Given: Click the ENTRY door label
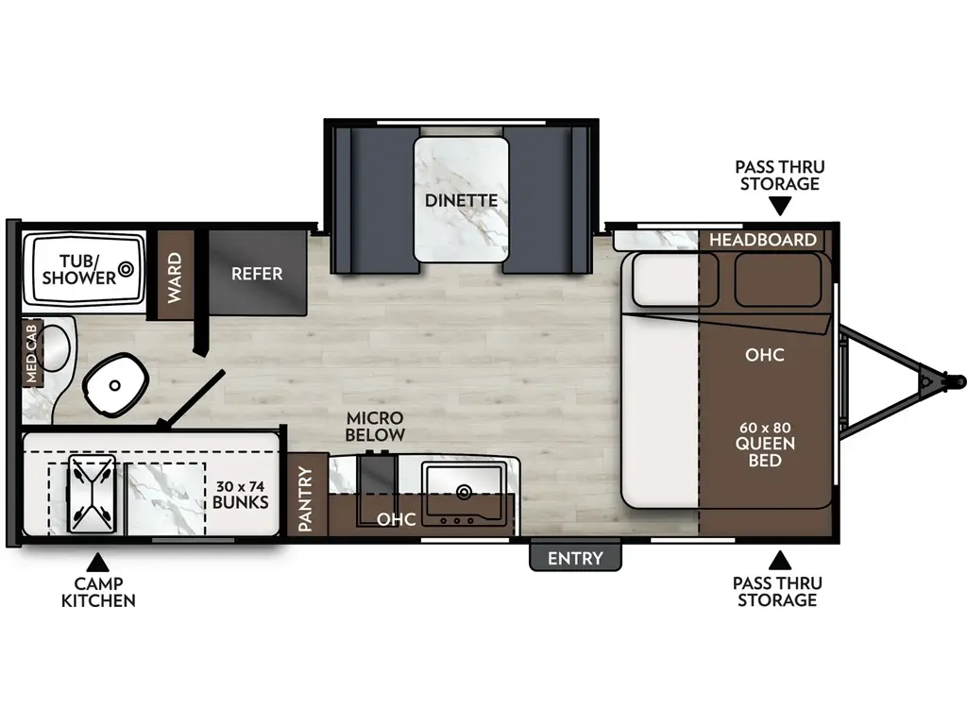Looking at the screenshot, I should coord(575,558).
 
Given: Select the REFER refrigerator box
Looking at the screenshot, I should coord(257,273).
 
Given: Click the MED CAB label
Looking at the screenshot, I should coord(31,354).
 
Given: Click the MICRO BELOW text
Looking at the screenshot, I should coord(375,426).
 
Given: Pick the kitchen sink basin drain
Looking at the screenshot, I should coord(464,491).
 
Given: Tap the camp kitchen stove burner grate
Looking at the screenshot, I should coord(91,492).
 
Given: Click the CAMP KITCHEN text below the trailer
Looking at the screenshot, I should coord(98,592).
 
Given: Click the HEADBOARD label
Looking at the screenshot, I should coord(762,240).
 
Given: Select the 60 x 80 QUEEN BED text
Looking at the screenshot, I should coord(765,444).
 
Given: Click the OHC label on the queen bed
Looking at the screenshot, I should coord(765,355).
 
